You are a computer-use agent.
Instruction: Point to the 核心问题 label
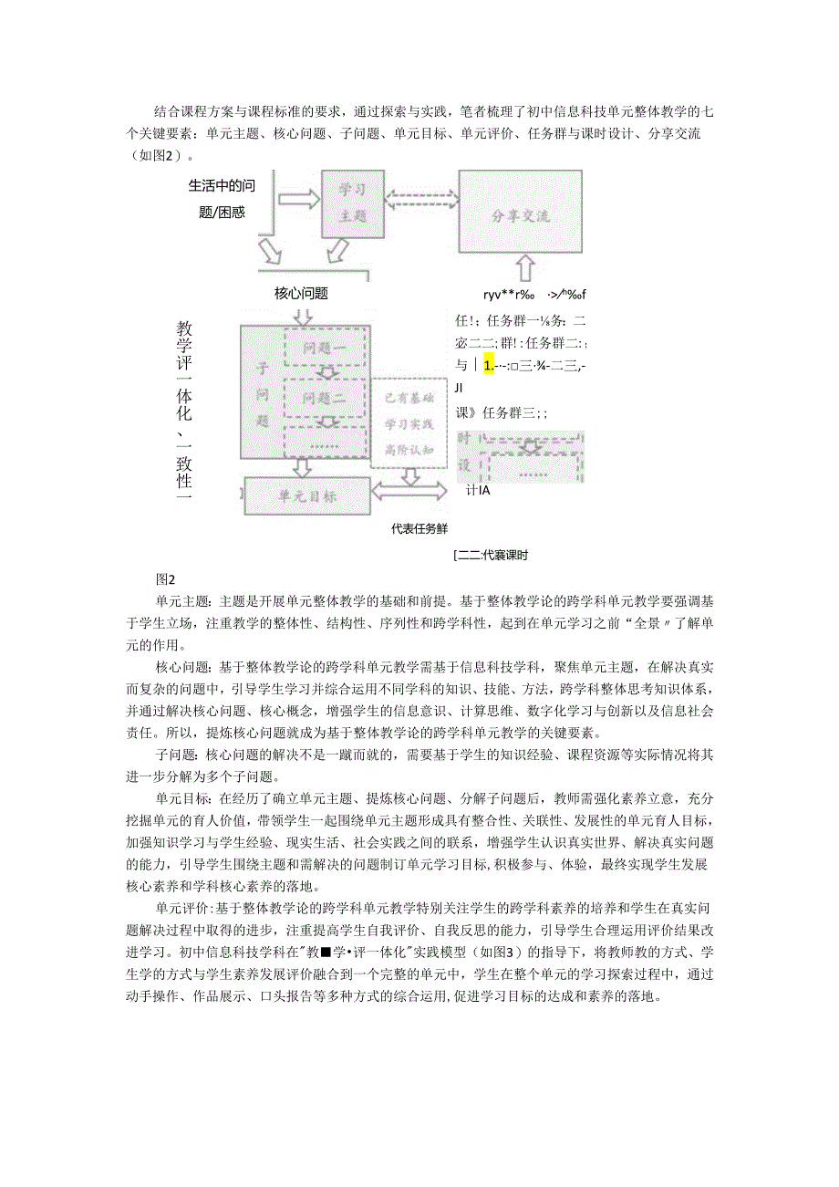(x=301, y=294)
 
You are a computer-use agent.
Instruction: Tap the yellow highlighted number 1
(x=489, y=366)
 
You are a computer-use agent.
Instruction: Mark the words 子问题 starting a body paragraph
(x=173, y=755)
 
